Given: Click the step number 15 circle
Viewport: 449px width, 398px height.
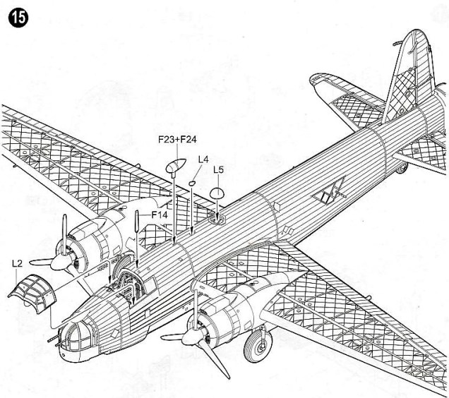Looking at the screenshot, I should click(15, 18).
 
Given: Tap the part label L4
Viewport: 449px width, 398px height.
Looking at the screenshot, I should click(202, 160).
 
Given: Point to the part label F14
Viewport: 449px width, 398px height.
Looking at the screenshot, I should click(158, 213).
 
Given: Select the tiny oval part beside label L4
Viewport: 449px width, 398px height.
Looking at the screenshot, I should click(192, 183).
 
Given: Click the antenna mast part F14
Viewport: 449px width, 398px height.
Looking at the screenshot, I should click(136, 223).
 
